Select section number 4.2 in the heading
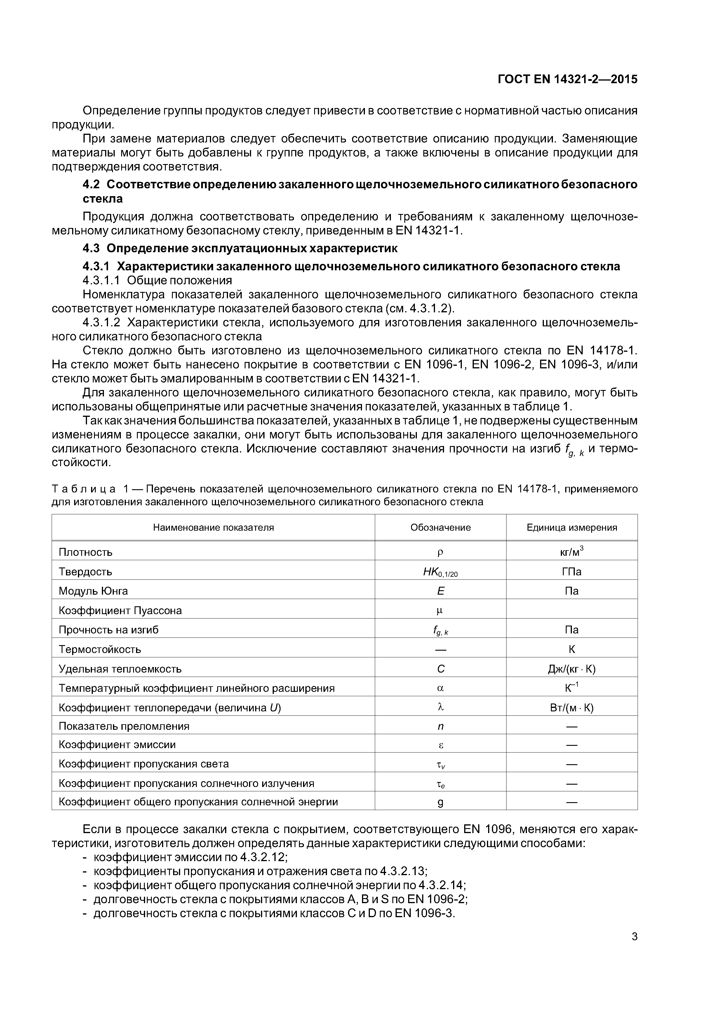(x=91, y=185)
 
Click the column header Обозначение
(x=440, y=527)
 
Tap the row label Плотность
(x=86, y=552)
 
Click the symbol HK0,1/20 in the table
(x=440, y=572)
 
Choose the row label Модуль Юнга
(x=93, y=591)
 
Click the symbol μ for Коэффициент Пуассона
(x=440, y=611)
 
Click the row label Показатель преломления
(x=124, y=726)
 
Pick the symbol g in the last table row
(x=440, y=802)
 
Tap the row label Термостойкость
(x=100, y=649)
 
